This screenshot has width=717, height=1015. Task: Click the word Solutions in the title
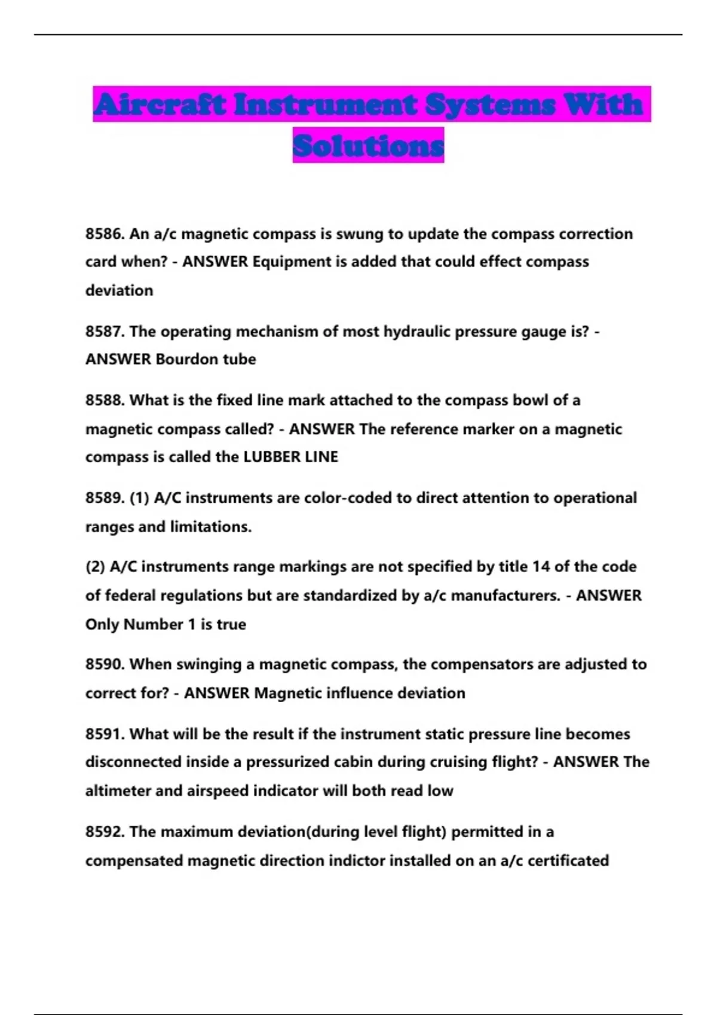[368, 145]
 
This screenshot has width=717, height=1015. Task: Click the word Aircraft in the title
[160, 104]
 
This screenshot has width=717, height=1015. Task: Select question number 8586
[105, 233]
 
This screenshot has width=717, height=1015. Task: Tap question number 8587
[105, 331]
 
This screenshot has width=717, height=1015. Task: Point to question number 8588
[105, 400]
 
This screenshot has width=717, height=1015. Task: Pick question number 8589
[105, 498]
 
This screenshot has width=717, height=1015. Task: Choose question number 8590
[105, 664]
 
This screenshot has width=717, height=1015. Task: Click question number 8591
[105, 734]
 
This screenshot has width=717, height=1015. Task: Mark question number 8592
[105, 832]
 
